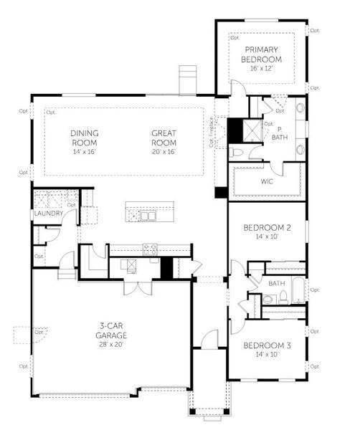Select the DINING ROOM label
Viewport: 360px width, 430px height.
pyautogui.click(x=84, y=137)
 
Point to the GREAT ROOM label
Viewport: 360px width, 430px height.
pyautogui.click(x=164, y=137)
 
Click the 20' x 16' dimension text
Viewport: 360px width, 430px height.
pyautogui.click(x=164, y=151)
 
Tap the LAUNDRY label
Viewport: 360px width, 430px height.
pyautogui.click(x=47, y=214)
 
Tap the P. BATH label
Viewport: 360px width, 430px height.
pyautogui.click(x=278, y=133)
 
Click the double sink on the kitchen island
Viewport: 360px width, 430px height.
pyautogui.click(x=148, y=215)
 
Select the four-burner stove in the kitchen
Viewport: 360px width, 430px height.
pyautogui.click(x=151, y=249)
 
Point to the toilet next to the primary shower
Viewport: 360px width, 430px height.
pyautogui.click(x=239, y=153)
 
